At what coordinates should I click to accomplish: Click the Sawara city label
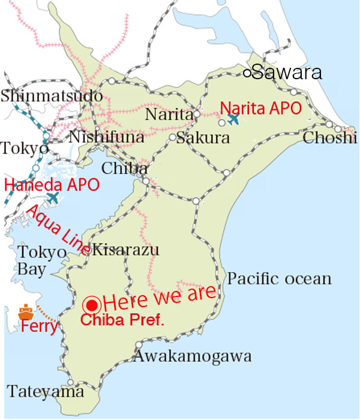tap(287, 73)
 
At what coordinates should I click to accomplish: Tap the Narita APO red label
tap(259, 108)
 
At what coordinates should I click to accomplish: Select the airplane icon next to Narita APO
tap(233, 119)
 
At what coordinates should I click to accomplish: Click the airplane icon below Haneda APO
tap(53, 197)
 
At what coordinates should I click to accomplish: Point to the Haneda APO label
tap(52, 184)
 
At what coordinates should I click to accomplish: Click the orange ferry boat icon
tap(25, 312)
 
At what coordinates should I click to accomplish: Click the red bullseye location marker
tap(92, 304)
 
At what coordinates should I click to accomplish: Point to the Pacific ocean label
tap(280, 278)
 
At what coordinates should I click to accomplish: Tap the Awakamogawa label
tap(192, 356)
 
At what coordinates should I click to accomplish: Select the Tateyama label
tap(46, 392)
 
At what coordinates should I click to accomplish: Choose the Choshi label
tap(330, 137)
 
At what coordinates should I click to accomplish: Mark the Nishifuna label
tap(106, 137)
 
